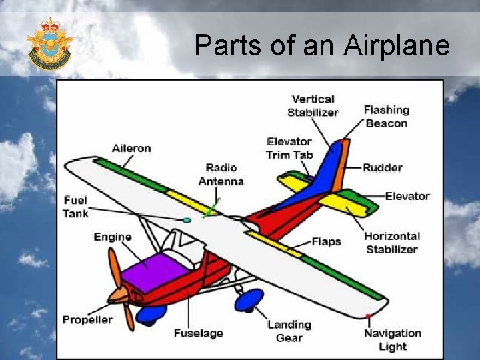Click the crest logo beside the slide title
tap(49, 45)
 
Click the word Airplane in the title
tap(397, 45)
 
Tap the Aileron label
tap(131, 148)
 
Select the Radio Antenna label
tap(221, 174)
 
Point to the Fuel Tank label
tap(75, 207)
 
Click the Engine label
tap(113, 237)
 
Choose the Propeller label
tap(88, 319)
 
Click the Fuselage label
tap(198, 333)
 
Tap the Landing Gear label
tap(289, 331)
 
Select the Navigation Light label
tap(392, 339)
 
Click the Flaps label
tap(326, 241)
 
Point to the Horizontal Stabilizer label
tap(392, 243)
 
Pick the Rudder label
tap(382, 167)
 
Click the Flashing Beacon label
tap(386, 117)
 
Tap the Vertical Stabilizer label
tap(313, 106)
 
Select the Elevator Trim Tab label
tap(289, 148)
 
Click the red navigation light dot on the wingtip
tap(367, 315)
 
